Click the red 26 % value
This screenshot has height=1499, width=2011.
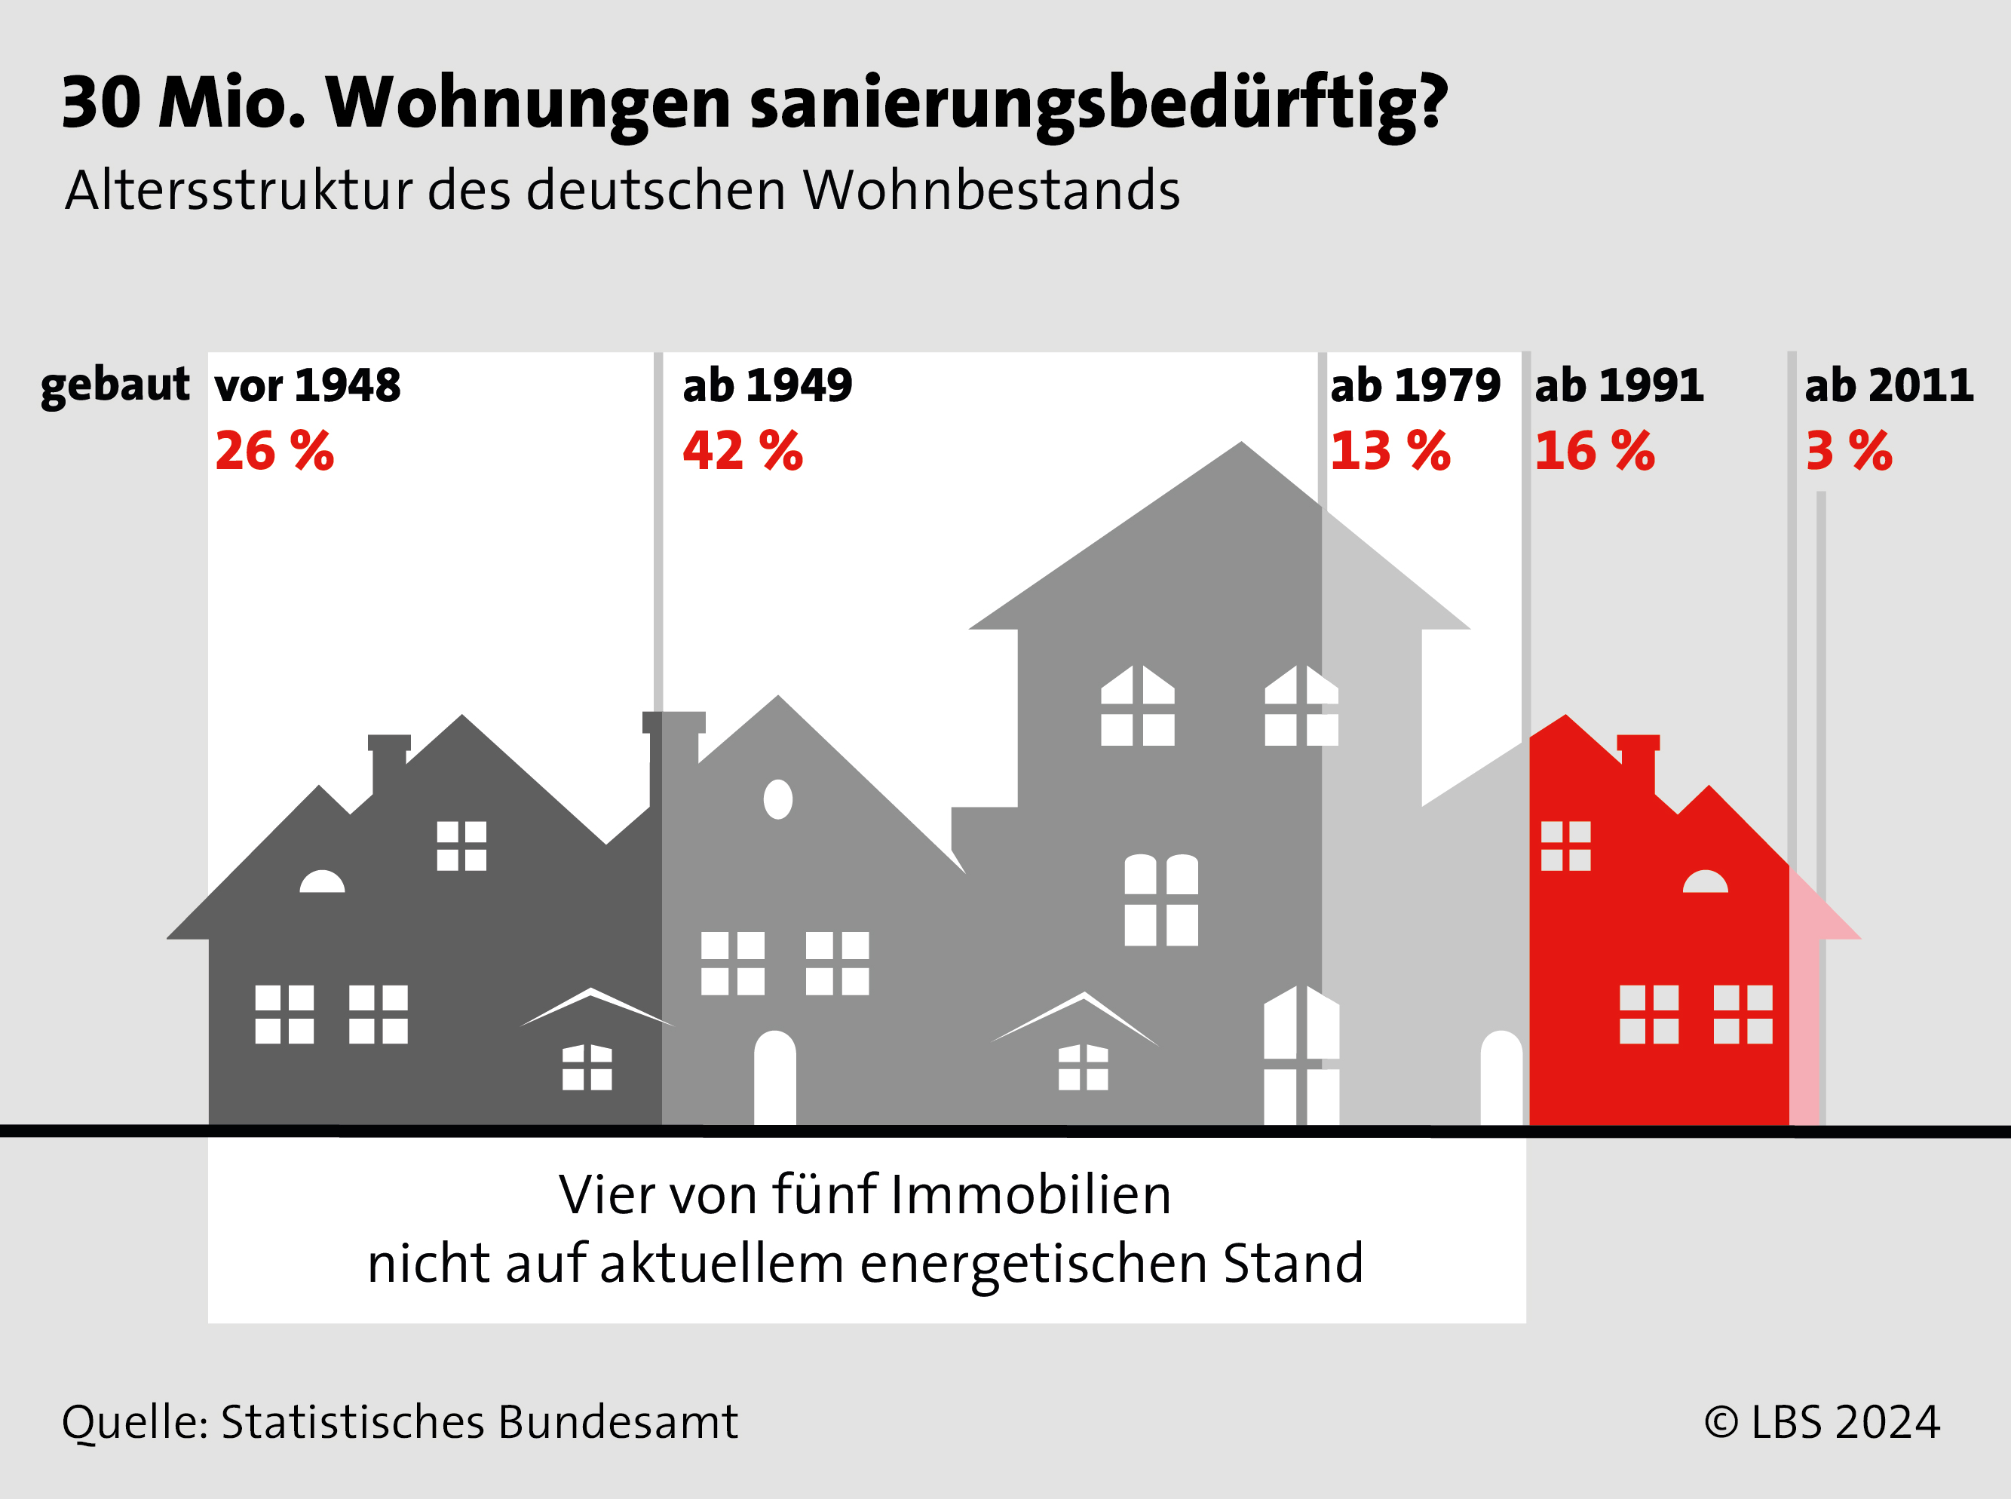coord(274,451)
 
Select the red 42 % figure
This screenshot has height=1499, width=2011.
coord(742,451)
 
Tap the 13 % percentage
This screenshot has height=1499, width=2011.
coord(1390,451)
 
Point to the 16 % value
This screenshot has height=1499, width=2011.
coord(1593,451)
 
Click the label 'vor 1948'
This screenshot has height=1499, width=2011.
coord(308,385)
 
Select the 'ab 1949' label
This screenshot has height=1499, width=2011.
coord(767,385)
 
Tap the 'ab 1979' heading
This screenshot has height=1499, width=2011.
coord(1415,385)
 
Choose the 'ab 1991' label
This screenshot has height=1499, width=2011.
coord(1619,385)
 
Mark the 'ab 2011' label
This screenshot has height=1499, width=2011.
coord(1889,385)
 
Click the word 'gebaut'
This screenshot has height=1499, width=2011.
coord(115,385)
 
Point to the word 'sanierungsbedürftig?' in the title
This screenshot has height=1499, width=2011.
coord(1099,104)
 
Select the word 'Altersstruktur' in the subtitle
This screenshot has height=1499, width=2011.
coord(240,192)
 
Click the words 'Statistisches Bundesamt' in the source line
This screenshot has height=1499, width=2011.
coord(479,1422)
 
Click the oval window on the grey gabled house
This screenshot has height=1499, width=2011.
coord(777,799)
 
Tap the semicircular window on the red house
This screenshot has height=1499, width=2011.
coord(1705,882)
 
